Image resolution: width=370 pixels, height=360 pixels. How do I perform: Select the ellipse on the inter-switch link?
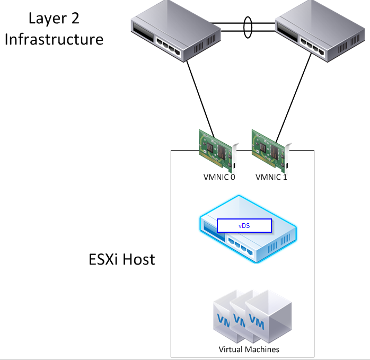pyautogui.click(x=247, y=28)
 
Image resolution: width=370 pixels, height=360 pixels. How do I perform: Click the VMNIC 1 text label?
pyautogui.click(x=271, y=177)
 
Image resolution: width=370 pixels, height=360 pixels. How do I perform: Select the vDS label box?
pyautogui.click(x=244, y=225)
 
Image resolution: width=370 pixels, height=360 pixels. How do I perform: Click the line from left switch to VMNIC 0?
pyautogui.click(x=200, y=96)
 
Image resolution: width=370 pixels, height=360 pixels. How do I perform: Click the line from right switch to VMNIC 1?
pyautogui.click(x=294, y=96)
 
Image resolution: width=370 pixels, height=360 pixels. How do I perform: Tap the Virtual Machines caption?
pyautogui.click(x=249, y=349)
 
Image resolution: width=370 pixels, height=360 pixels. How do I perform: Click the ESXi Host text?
pyautogui.click(x=121, y=259)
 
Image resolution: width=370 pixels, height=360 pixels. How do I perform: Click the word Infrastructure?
pyautogui.click(x=54, y=39)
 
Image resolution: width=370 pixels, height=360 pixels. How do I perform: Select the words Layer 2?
pyautogui.click(x=54, y=19)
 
